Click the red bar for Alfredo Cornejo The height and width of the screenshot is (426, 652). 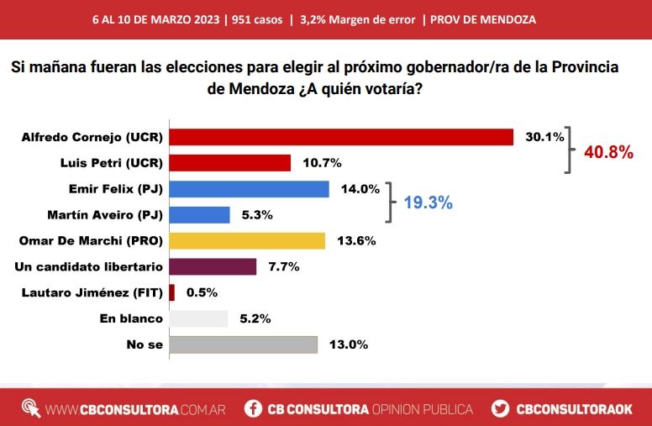341,137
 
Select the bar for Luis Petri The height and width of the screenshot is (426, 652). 229,163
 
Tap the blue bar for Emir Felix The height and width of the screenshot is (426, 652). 249,189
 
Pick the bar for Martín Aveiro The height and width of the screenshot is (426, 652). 199,215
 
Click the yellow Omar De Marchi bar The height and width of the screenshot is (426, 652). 247,241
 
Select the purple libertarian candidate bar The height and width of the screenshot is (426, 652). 213,267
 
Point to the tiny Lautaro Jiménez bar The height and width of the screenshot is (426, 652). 171,292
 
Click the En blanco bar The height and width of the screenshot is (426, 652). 198,318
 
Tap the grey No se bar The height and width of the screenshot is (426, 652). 243,344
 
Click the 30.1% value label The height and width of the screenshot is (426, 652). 544,137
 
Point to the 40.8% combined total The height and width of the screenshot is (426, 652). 607,152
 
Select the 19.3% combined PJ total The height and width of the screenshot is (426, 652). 429,202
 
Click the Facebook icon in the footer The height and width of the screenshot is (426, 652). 252,409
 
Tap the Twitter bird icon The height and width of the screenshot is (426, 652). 500,409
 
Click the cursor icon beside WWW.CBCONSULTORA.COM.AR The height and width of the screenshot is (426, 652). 31,408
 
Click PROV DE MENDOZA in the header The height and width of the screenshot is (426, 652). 482,18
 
